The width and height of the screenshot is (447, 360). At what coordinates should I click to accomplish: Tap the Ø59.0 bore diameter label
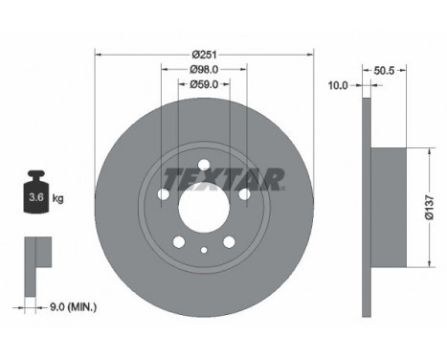203,84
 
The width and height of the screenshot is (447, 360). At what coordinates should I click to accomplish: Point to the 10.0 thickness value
338,84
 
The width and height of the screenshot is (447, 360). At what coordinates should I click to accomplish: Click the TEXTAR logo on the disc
222,179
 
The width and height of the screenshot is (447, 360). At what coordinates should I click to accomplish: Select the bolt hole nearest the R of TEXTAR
244,194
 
